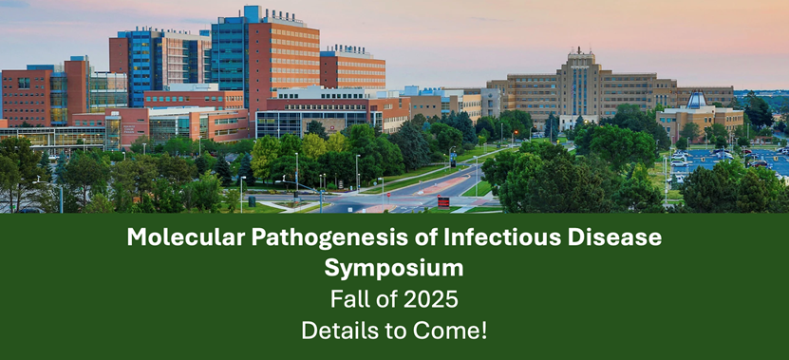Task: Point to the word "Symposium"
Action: [x=394, y=269]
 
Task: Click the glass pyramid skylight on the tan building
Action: [x=697, y=100]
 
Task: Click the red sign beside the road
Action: [x=443, y=201]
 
